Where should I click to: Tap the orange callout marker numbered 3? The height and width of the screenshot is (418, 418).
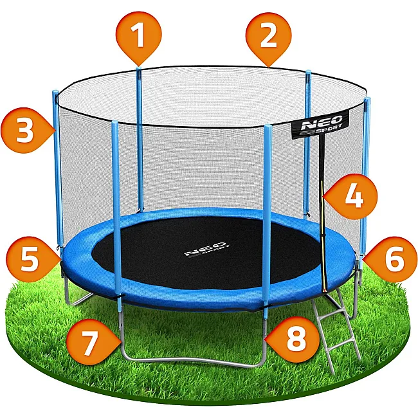[x=26, y=131]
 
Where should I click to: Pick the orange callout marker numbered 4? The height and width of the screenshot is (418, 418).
[x=351, y=197]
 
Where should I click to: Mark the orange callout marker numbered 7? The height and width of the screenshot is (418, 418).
[x=93, y=342]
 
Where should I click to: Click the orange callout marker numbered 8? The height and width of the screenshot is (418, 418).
[x=293, y=340]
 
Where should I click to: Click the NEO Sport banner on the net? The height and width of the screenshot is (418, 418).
[x=320, y=124]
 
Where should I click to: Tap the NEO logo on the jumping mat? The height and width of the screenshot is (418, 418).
[x=207, y=249]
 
